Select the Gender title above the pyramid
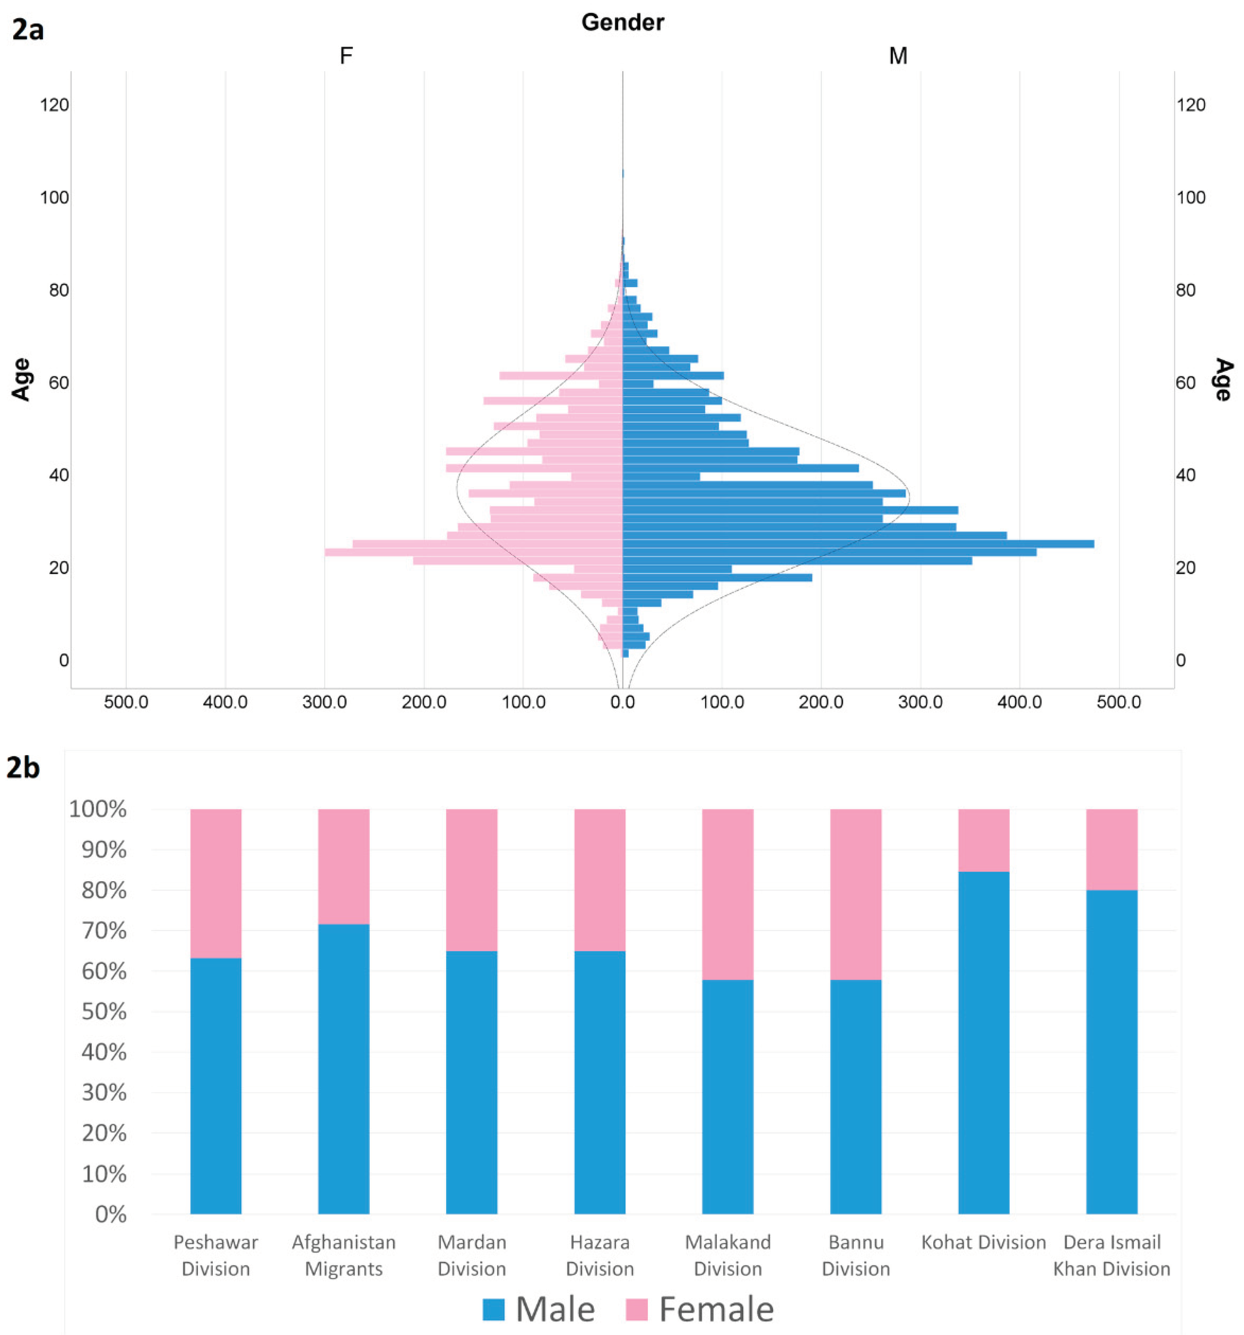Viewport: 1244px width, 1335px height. pos(622,22)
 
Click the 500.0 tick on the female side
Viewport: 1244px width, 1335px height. pos(126,702)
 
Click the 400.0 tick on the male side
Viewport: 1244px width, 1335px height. pos(1019,702)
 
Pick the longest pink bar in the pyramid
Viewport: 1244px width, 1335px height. pos(473,552)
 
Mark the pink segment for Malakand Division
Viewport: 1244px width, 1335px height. pos(728,894)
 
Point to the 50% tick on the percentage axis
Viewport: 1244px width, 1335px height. pos(104,1011)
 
